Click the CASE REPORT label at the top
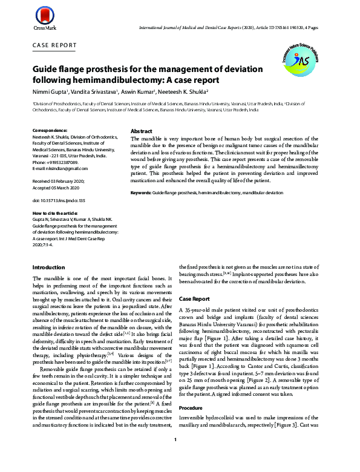pos(54,45)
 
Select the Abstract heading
pos(142,131)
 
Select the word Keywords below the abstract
pos(141,192)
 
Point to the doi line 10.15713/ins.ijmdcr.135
pos(59,200)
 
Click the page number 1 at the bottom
pos(175,457)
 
